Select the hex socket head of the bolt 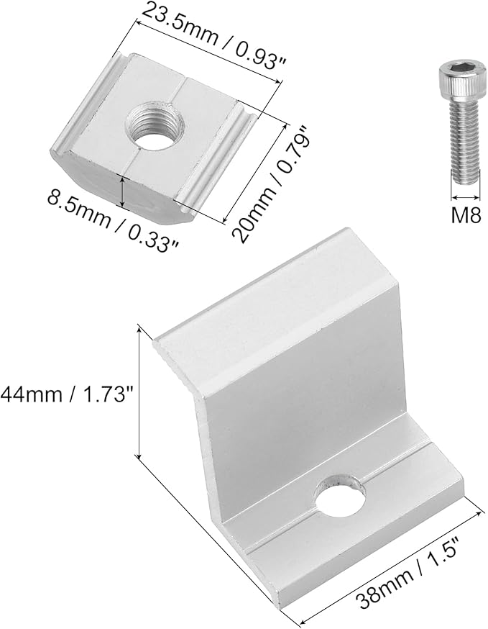pyautogui.click(x=459, y=78)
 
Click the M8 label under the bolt pyautogui.click(x=466, y=215)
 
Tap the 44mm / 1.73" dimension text pyautogui.click(x=67, y=394)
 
